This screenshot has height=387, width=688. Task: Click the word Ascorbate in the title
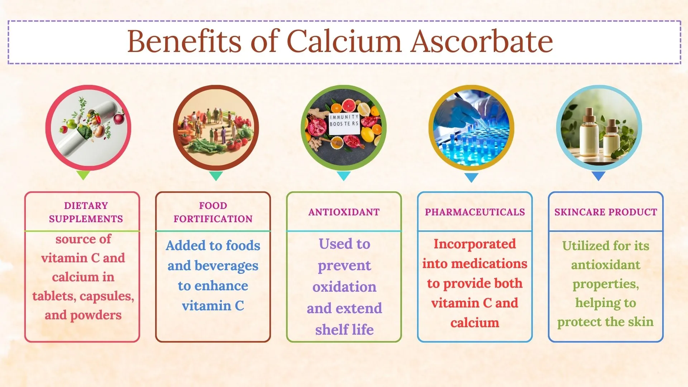click(482, 41)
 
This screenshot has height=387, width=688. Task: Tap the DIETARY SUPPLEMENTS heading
click(86, 212)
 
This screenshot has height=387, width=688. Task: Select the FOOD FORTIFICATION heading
click(213, 212)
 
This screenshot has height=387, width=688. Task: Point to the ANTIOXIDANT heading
click(344, 212)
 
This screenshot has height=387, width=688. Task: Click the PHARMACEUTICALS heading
click(475, 212)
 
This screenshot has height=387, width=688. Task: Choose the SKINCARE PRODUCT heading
click(606, 212)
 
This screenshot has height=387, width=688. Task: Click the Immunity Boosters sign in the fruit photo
click(344, 124)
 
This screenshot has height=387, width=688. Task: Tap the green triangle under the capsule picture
click(83, 175)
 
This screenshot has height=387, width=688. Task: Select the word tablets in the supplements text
click(54, 296)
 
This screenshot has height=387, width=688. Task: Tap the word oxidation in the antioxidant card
click(344, 287)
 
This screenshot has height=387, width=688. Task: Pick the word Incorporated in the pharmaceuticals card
click(475, 244)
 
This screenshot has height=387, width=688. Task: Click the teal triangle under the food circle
click(216, 176)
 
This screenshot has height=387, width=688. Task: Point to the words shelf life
click(344, 330)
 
